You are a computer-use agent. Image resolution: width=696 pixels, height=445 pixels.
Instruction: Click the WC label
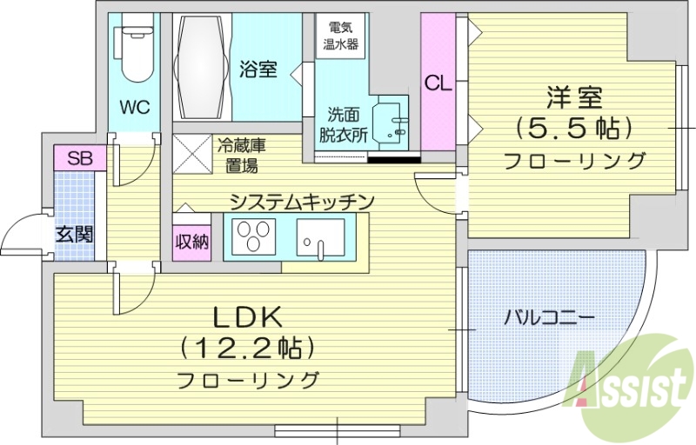coord(135,108)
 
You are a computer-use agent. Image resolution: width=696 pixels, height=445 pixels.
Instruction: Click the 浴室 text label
coord(258,69)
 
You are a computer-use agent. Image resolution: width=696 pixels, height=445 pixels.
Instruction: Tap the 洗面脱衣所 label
coord(341,123)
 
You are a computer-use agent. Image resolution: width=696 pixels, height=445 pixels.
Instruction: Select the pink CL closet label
coord(438,83)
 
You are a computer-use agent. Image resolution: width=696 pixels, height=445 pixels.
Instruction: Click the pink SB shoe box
coord(80,158)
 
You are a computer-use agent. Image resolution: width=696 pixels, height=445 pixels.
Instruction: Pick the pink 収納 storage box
coord(191,242)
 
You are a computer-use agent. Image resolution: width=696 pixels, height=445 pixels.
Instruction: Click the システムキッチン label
coord(301,202)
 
